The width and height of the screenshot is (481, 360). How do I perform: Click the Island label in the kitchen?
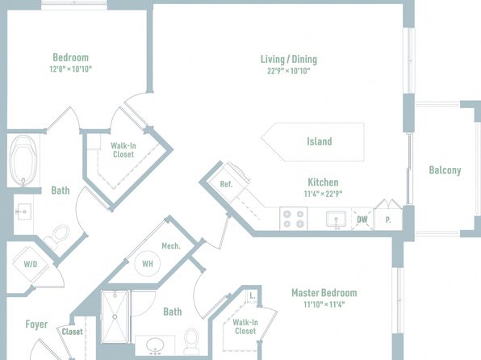click(x=320, y=141)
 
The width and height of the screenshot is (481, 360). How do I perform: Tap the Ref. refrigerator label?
click(x=227, y=184)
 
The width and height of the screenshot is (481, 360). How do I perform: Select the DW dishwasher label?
click(x=362, y=220)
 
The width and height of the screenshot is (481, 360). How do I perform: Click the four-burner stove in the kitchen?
click(x=293, y=219)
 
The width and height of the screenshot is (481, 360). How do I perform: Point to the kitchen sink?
click(x=336, y=220)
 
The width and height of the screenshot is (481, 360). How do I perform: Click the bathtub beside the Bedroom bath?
click(x=23, y=161)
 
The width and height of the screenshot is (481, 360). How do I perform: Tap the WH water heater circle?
click(x=148, y=264)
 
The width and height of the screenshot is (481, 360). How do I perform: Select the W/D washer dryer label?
click(x=31, y=264)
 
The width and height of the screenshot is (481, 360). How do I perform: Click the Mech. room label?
click(x=171, y=246)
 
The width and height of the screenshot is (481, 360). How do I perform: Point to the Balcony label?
click(x=445, y=170)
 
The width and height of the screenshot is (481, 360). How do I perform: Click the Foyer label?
click(x=36, y=324)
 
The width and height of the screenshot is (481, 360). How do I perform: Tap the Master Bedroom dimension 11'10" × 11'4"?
click(x=324, y=304)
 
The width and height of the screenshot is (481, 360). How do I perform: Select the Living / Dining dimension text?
click(x=289, y=71)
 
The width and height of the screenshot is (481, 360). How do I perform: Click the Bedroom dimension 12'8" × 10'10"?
click(x=71, y=69)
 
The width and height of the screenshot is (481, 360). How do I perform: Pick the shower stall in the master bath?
click(x=115, y=316)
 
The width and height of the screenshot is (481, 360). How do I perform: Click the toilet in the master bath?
click(x=191, y=341)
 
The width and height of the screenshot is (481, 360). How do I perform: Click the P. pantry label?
click(x=388, y=220)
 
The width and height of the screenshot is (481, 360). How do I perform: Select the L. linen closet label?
click(x=252, y=295)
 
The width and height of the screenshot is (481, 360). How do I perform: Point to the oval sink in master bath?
click(x=155, y=345)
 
